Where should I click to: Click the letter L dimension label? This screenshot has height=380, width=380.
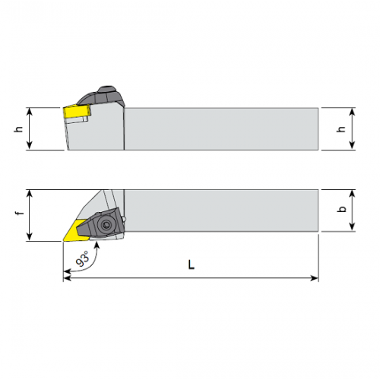(192, 264)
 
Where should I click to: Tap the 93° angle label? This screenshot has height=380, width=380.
(83, 258)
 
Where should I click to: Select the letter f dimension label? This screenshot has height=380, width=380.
(20, 213)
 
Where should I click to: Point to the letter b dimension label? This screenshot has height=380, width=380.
(342, 209)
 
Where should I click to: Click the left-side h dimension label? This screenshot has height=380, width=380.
(18, 128)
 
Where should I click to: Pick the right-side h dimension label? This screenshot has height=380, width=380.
(341, 128)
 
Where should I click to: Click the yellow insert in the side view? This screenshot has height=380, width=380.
(77, 111)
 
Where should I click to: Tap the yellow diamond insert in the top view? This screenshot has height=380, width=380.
(74, 230)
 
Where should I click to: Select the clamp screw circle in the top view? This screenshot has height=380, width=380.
(106, 224)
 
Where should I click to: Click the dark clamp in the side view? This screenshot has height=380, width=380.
(101, 97)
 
